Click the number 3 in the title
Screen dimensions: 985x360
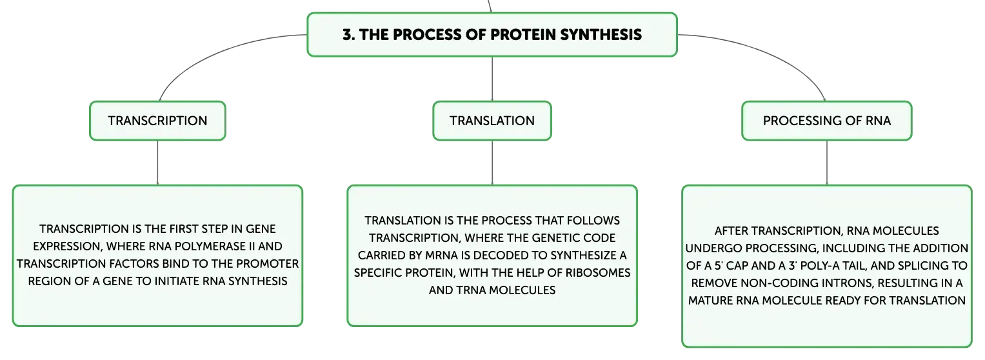pos(348,35)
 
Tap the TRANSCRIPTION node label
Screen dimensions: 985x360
pos(157,121)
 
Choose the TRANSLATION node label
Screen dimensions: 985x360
pos(492,121)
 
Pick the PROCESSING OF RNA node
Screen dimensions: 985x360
pos(827,121)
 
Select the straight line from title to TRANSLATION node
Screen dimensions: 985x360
pos(492,79)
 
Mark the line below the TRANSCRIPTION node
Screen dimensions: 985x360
pos(157,163)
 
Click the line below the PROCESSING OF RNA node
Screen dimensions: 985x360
pos(827,163)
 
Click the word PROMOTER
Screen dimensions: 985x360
pos(267,264)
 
